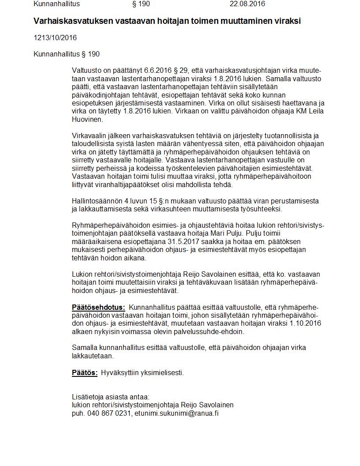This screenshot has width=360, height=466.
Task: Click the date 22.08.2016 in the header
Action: [x=247, y=4]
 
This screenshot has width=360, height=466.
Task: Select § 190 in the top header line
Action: [x=141, y=4]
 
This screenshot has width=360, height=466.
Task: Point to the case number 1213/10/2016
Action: [x=55, y=38]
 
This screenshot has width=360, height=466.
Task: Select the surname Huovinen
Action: [x=87, y=119]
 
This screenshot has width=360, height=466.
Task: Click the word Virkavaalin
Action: [x=90, y=136]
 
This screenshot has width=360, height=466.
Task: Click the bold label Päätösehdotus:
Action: [x=98, y=307]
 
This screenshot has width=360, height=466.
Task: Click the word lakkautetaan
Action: [x=93, y=356]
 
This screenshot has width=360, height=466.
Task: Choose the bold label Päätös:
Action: [x=85, y=372]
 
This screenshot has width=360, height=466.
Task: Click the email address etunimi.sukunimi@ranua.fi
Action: [x=177, y=413]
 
